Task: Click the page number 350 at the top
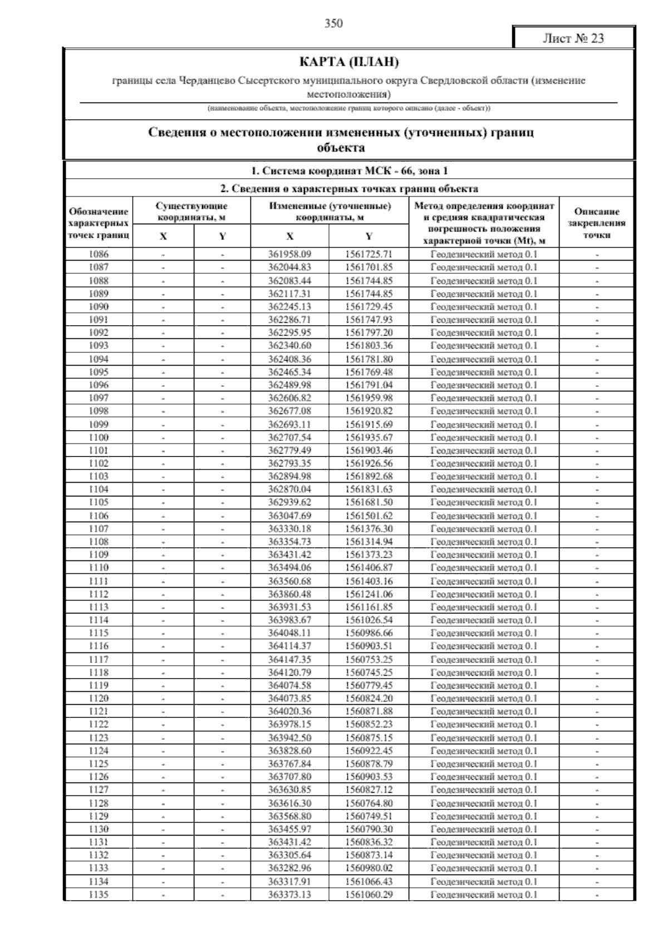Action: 333,23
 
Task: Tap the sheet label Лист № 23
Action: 573,38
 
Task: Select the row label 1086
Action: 99,254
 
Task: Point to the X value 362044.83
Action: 289,267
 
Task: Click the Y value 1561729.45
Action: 369,307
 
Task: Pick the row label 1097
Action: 99,398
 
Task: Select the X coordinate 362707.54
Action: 289,437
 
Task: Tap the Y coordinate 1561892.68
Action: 369,476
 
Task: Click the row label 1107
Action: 99,529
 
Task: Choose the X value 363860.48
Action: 289,594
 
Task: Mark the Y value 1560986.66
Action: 369,633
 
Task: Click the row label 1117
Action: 99,660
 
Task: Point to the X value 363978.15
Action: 289,724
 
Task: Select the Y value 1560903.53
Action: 369,776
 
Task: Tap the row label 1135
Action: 99,894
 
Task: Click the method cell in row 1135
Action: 484,894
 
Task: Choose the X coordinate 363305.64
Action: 289,855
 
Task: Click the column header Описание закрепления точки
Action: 597,223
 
